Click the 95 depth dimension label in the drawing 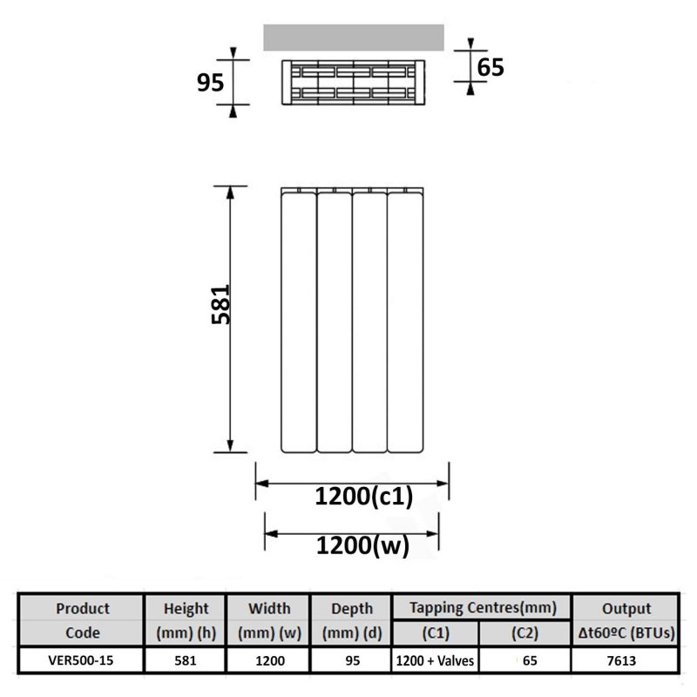pyautogui.click(x=210, y=83)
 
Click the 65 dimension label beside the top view pyautogui.click(x=491, y=68)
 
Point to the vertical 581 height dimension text pyautogui.click(x=220, y=304)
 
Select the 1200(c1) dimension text pyautogui.click(x=364, y=496)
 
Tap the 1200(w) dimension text pyautogui.click(x=362, y=545)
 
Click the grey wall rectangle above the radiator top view pyautogui.click(x=354, y=37)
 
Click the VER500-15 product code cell pyautogui.click(x=81, y=660)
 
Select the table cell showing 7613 pyautogui.click(x=621, y=661)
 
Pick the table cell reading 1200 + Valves pyautogui.click(x=435, y=660)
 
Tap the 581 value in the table pyautogui.click(x=186, y=660)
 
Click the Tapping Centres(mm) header pyautogui.click(x=483, y=607)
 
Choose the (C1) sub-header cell pyautogui.click(x=436, y=633)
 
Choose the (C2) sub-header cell pyautogui.click(x=525, y=633)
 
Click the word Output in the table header pyautogui.click(x=626, y=608)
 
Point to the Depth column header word pyautogui.click(x=352, y=609)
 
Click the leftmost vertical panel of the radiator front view pyautogui.click(x=299, y=322)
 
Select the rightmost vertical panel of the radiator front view pyautogui.click(x=405, y=322)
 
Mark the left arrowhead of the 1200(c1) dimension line pyautogui.click(x=262, y=484)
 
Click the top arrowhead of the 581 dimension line pyautogui.click(x=230, y=193)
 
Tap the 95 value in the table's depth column pyautogui.click(x=352, y=660)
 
